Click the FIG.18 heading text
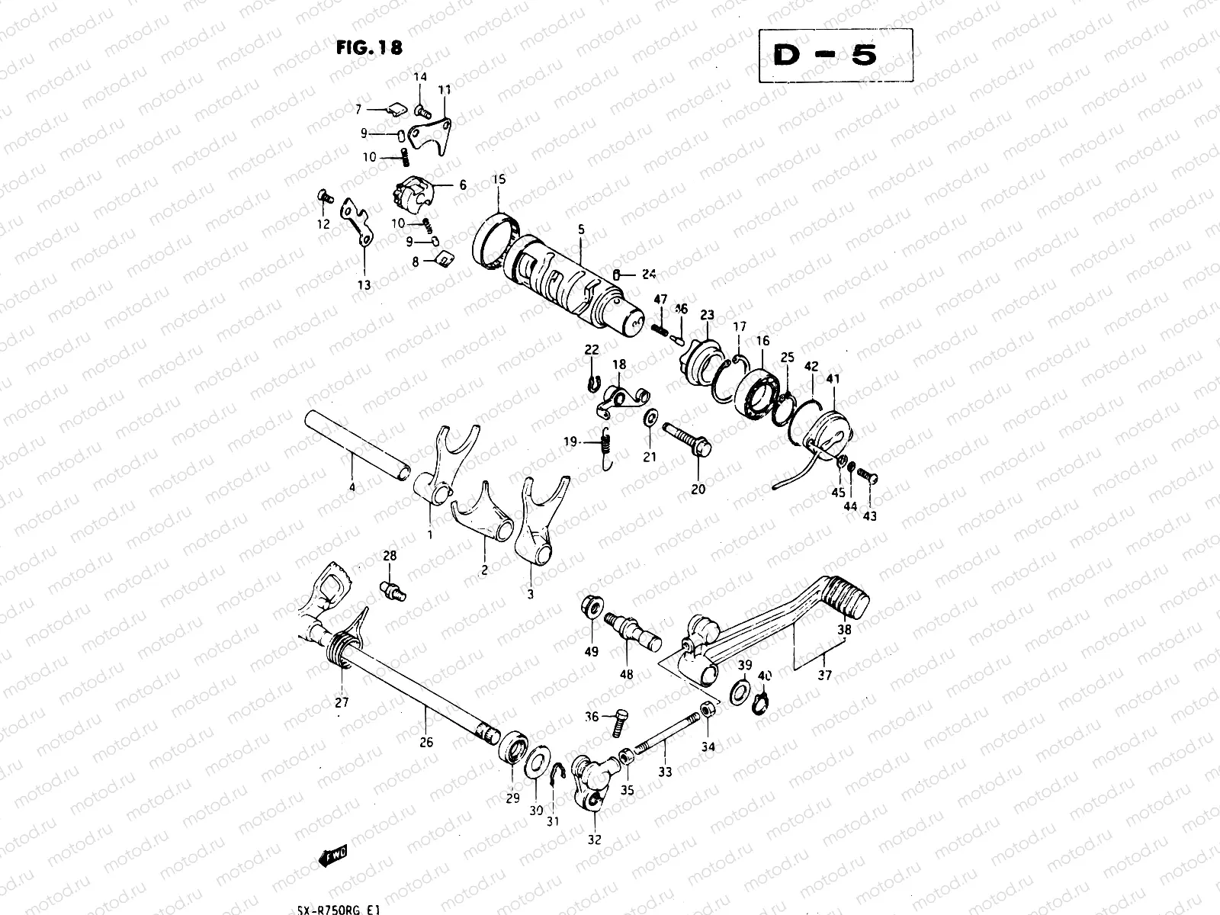[369, 47]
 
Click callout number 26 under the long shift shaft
[426, 741]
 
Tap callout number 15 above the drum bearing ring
[499, 180]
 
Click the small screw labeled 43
[868, 476]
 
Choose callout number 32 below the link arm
[594, 840]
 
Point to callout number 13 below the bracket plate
[364, 284]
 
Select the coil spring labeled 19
[607, 445]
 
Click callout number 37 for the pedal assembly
[825, 675]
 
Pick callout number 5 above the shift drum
[580, 228]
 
